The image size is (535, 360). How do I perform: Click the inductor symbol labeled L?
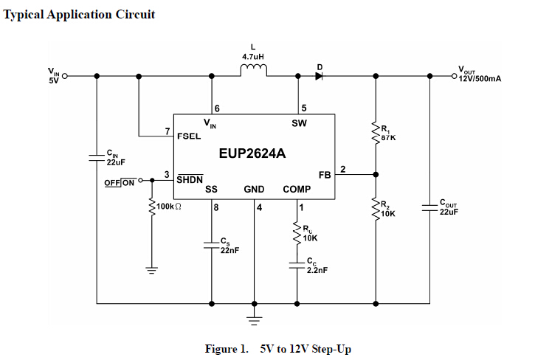point(255,70)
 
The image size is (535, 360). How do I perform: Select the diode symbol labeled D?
point(320,75)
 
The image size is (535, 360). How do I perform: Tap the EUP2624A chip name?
point(252,154)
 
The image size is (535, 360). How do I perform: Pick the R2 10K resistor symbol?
point(376,209)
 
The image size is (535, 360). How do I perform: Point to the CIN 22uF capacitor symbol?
point(97,156)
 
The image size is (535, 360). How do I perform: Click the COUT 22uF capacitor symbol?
point(429,207)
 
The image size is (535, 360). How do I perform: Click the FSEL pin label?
point(189,136)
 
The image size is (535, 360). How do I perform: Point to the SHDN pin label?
point(190,179)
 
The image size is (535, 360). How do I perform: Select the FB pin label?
point(325,175)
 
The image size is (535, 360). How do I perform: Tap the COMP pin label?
point(297,190)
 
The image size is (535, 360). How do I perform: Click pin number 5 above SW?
point(303,108)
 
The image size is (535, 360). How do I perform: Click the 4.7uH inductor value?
point(254,55)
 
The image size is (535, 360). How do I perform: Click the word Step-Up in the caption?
point(331,349)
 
